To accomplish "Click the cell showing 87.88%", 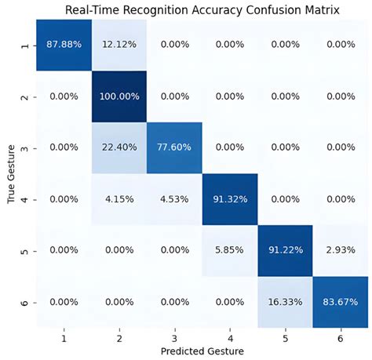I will (63, 46).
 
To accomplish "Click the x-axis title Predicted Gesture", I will (201, 350).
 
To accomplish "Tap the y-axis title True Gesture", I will (10, 174).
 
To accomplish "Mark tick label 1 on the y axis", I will (25, 46).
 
